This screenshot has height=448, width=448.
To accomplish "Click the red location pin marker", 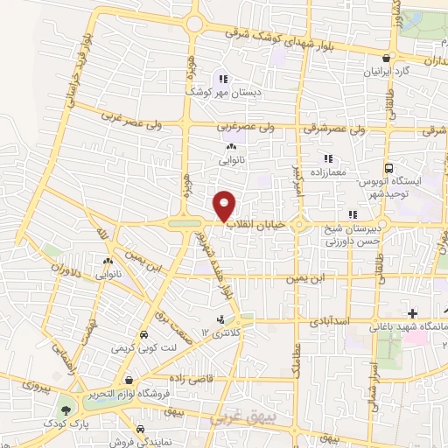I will tap(226, 205).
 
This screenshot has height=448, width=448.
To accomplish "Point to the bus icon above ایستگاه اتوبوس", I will tap(388, 168).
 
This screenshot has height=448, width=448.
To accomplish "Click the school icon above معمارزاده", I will tap(328, 158).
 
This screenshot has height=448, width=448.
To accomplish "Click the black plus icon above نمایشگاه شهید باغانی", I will tap(412, 312).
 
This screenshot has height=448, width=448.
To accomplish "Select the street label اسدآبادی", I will tap(331, 321).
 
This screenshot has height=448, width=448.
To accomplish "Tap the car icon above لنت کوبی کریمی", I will tap(143, 334).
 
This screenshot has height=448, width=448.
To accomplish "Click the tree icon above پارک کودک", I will tap(64, 409).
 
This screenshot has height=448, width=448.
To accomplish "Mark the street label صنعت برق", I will tap(167, 323).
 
